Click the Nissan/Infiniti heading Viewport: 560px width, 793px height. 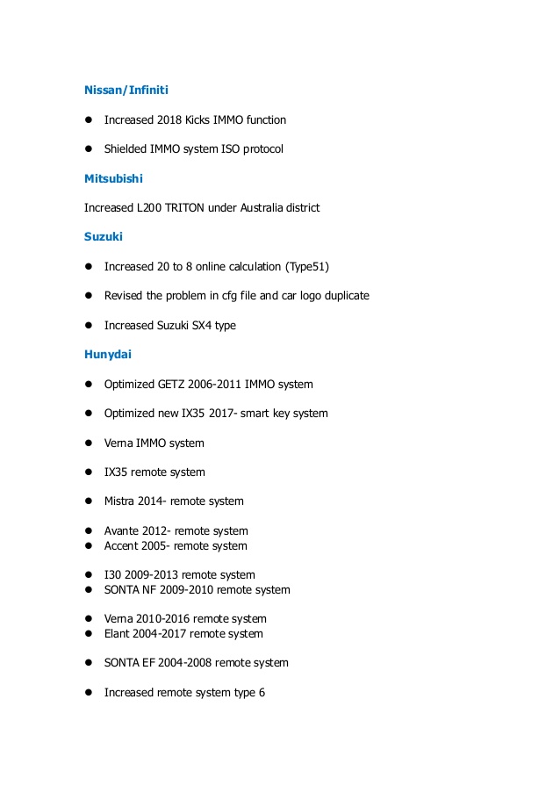(x=126, y=90)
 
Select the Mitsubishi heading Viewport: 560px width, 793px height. (x=113, y=178)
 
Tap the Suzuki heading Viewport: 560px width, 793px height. (x=104, y=237)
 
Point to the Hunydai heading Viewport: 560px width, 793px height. (x=109, y=355)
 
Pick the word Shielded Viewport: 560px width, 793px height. (x=126, y=149)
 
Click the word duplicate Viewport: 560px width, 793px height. (x=342, y=296)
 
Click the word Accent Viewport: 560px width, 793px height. (x=122, y=546)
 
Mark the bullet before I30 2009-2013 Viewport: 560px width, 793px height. (x=89, y=575)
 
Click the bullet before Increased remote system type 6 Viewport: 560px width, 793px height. (x=89, y=693)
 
